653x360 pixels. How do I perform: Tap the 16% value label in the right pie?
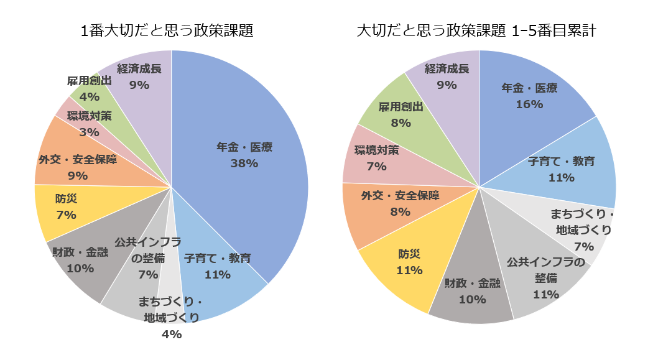[x=529, y=104]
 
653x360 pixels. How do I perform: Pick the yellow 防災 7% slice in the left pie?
[x=59, y=211]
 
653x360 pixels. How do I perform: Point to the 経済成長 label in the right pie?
[x=447, y=69]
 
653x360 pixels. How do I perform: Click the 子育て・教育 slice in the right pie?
[x=566, y=168]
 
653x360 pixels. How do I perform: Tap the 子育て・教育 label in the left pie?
[x=218, y=258]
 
